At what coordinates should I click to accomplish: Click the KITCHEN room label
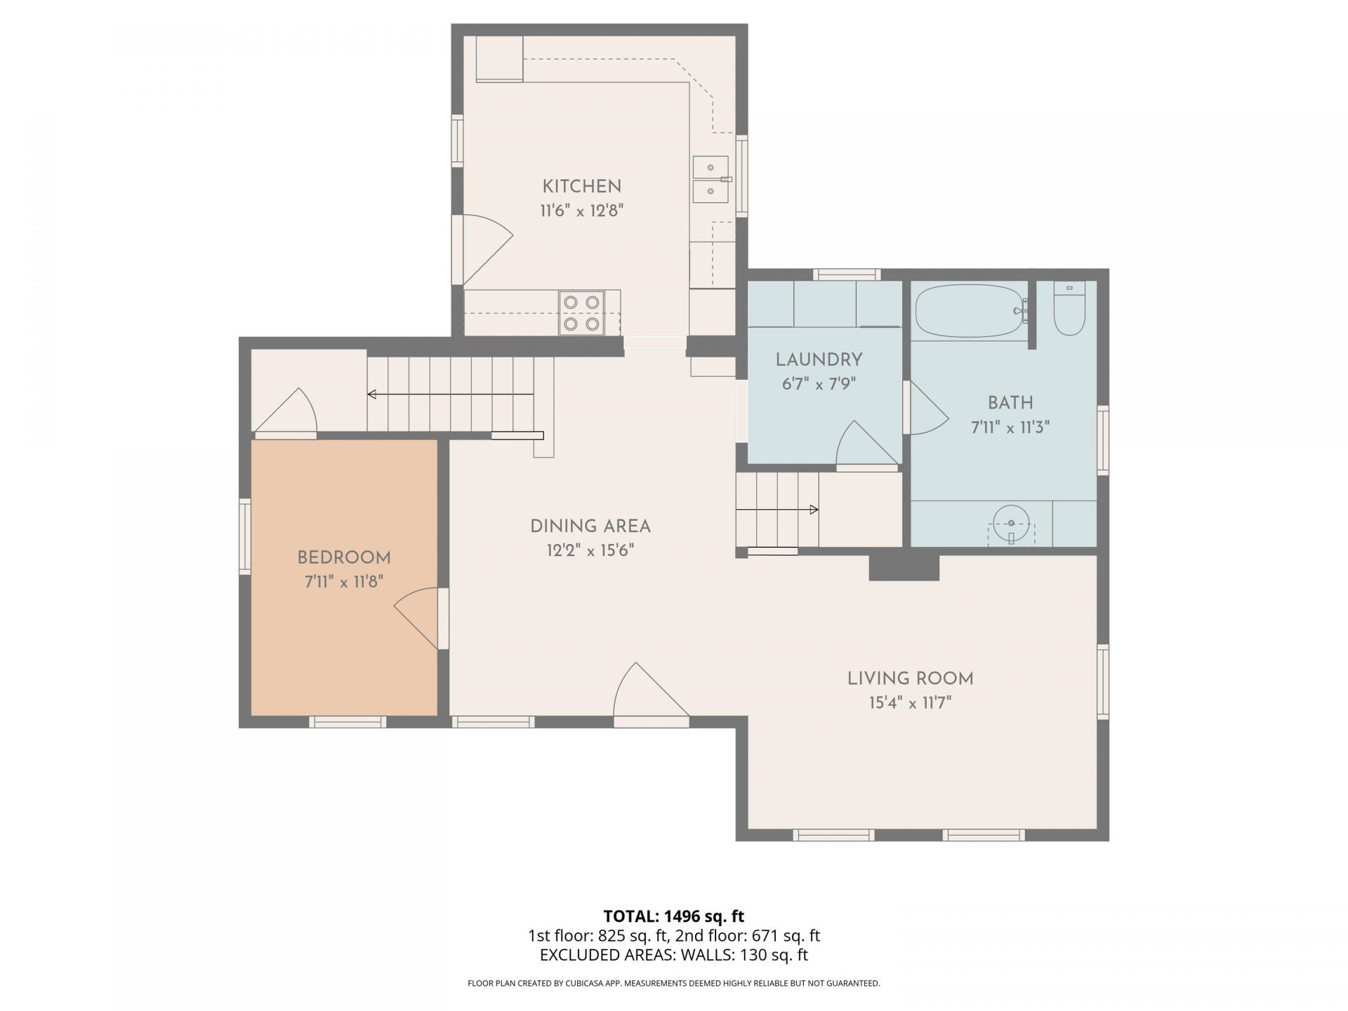pyautogui.click(x=581, y=187)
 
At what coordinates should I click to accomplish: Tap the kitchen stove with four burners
pyautogui.click(x=582, y=312)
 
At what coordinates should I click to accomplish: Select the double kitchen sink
pyautogui.click(x=711, y=179)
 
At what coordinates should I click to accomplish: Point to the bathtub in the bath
pyautogui.click(x=970, y=311)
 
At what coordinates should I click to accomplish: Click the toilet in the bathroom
pyautogui.click(x=1069, y=308)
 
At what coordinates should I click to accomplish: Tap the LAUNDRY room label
pyautogui.click(x=819, y=360)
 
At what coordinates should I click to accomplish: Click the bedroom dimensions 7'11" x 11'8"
pyautogui.click(x=344, y=581)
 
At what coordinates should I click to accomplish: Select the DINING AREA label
pyautogui.click(x=590, y=526)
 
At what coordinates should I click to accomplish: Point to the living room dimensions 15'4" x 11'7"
pyautogui.click(x=910, y=703)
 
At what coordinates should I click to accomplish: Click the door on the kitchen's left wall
pyautogui.click(x=482, y=249)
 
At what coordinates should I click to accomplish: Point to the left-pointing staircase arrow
pyautogui.click(x=451, y=395)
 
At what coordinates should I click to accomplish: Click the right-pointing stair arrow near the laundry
pyautogui.click(x=777, y=509)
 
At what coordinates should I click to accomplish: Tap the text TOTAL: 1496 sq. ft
pyautogui.click(x=674, y=916)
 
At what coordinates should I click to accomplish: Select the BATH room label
pyautogui.click(x=1010, y=403)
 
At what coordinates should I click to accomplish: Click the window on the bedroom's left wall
pyautogui.click(x=245, y=536)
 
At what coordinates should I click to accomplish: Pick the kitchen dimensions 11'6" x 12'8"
pyautogui.click(x=581, y=211)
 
